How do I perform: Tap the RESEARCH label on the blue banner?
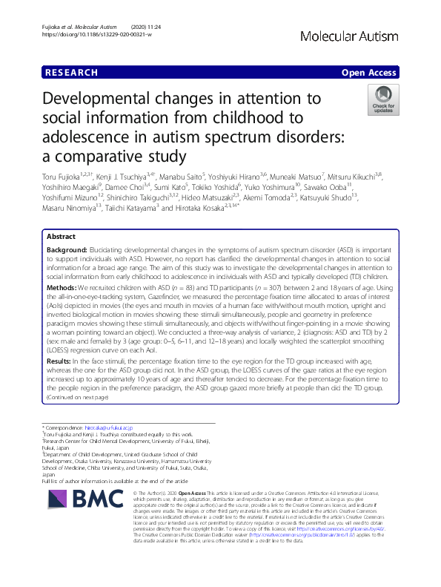coord(71,73)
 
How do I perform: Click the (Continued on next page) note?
coord(77,397)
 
